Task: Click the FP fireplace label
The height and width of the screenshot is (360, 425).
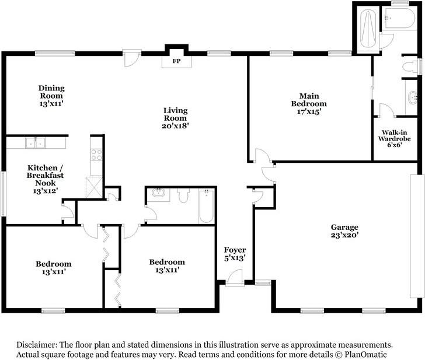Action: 176,61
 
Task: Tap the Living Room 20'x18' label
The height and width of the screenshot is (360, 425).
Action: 175,118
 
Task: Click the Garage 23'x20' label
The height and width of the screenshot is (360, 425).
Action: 344,231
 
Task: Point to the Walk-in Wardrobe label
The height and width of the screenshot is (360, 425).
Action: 395,138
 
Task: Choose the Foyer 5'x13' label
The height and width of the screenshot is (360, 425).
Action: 235,254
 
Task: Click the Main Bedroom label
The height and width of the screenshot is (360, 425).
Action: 309,104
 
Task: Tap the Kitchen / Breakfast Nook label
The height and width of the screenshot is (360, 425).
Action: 46,179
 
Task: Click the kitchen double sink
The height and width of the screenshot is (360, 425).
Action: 36,143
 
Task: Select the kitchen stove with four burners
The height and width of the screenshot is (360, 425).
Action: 96,155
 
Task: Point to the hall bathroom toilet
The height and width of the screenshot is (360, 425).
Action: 183,195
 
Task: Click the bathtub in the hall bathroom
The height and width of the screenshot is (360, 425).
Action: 206,206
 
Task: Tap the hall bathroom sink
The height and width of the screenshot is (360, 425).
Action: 159,193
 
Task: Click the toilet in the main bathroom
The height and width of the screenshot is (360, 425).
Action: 409,67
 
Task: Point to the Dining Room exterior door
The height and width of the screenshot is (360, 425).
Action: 131,58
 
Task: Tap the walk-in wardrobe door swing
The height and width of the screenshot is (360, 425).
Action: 388,110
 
